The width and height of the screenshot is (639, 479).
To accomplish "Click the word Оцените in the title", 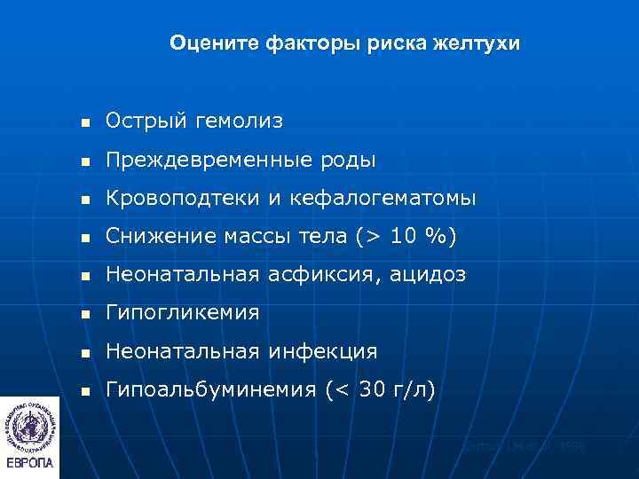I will [x=207, y=43].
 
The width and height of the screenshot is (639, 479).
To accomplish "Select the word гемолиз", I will [x=234, y=122].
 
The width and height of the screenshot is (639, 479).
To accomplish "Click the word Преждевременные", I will [x=193, y=160].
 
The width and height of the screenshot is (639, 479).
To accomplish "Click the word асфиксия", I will [x=321, y=275].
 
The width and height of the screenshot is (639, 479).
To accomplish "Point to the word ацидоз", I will [x=428, y=275].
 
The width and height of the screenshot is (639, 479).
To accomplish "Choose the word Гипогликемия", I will [x=182, y=313].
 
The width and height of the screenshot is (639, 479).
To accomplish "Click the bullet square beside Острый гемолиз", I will [x=84, y=122].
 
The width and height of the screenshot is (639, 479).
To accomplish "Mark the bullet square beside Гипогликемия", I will [x=84, y=314].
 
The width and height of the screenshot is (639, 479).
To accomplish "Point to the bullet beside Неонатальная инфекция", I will [x=84, y=352].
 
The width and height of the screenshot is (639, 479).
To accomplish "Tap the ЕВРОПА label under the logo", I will [x=30, y=463].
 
